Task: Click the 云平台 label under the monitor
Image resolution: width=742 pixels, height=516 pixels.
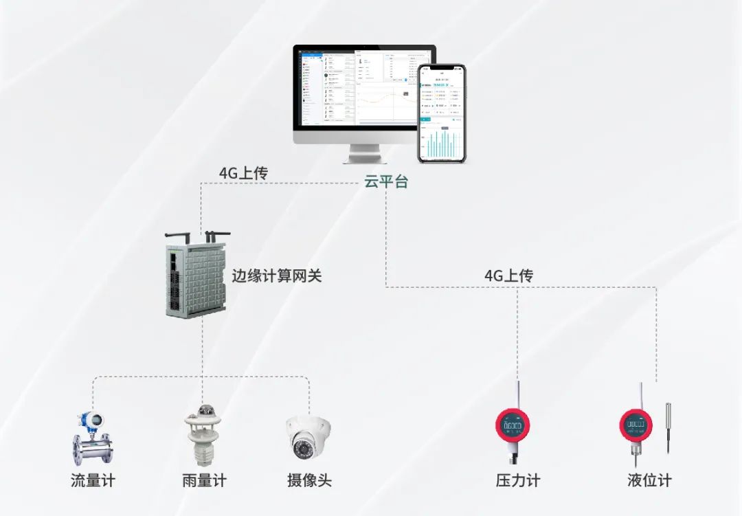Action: [x=386, y=182]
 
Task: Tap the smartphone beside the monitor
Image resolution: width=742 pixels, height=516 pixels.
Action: [x=442, y=113]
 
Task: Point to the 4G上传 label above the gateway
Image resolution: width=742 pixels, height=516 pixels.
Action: [x=243, y=173]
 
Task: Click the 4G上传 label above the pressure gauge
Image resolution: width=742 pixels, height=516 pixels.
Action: [x=508, y=276]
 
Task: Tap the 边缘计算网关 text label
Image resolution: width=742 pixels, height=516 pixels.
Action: [x=277, y=276]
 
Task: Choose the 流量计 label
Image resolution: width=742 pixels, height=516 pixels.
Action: [x=93, y=480]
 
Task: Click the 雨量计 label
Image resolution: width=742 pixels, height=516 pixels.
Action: [x=204, y=480]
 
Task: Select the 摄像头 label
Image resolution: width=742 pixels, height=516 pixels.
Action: [x=309, y=480]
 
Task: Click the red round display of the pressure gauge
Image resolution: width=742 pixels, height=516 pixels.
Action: [x=513, y=426]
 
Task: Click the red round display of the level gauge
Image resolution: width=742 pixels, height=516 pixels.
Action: [x=636, y=425]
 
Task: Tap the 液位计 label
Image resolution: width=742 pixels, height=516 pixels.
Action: [x=649, y=480]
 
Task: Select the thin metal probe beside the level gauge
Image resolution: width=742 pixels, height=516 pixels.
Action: [x=668, y=427]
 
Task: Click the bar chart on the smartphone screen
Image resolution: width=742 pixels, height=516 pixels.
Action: [x=442, y=144]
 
